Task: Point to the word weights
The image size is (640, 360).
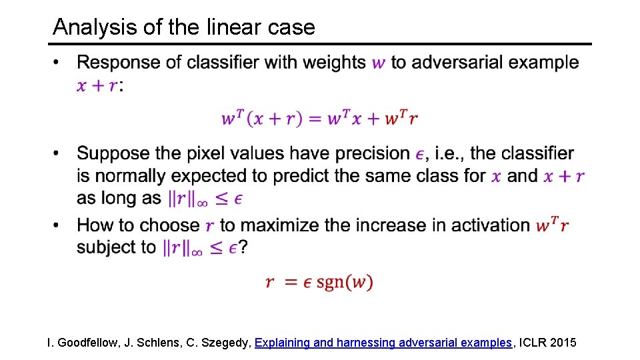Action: click(334, 63)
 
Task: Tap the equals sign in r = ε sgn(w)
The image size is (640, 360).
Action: click(291, 282)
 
